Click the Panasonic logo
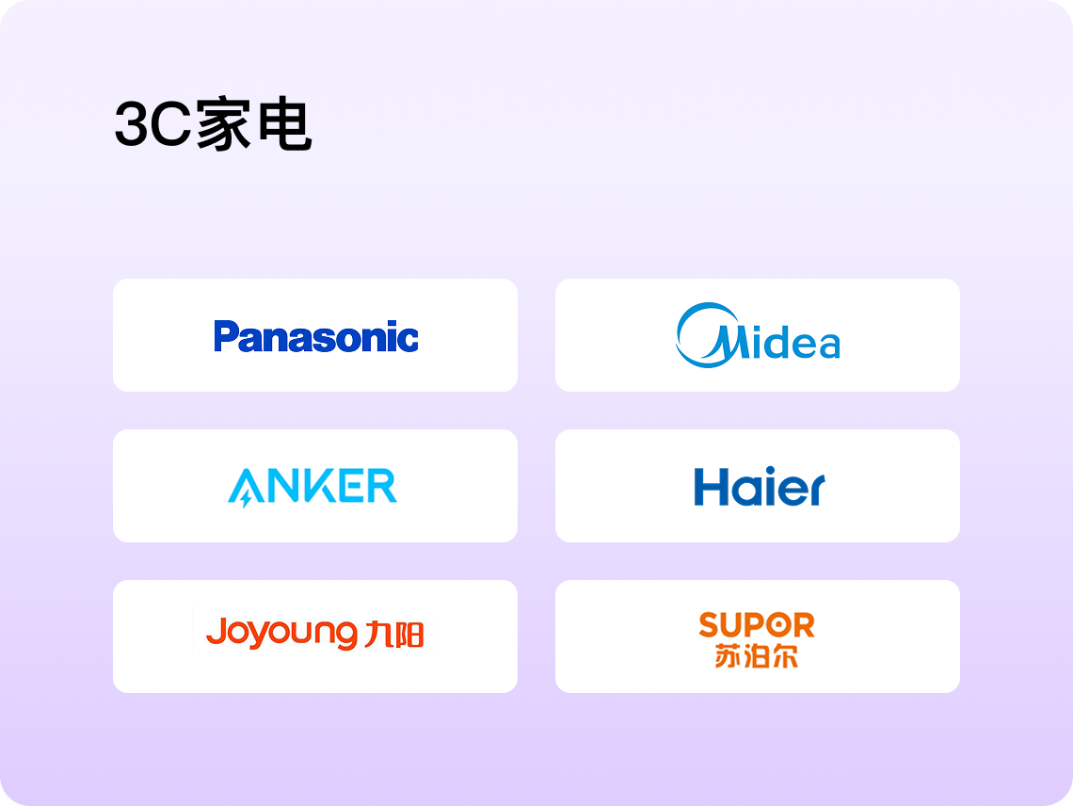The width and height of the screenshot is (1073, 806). (315, 335)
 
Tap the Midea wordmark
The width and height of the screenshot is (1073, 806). (759, 335)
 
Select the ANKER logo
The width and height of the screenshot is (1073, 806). (312, 487)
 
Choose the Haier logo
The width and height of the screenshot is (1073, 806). (760, 486)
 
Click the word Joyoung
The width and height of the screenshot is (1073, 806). (281, 633)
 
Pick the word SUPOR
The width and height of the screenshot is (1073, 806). (757, 624)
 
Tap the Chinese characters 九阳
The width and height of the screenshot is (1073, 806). (394, 634)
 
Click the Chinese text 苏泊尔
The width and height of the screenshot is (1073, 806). (757, 656)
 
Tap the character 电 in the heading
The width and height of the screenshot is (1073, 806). (285, 124)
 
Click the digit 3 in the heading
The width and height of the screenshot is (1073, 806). (132, 124)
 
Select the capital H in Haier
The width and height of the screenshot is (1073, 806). (710, 487)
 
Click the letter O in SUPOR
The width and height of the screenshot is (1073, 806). (776, 624)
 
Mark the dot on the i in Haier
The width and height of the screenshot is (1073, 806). (770, 471)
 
